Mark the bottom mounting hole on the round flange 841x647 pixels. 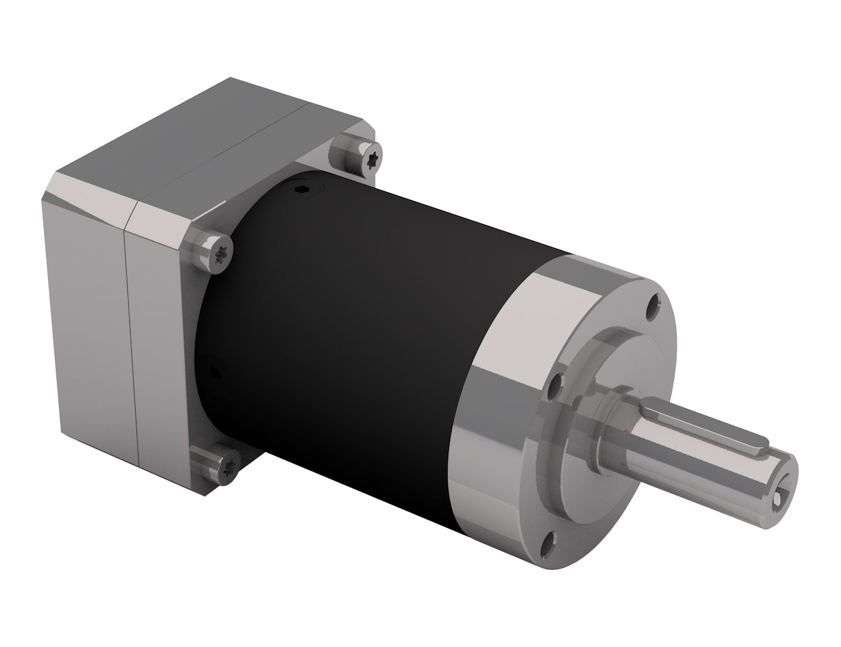point(549,539)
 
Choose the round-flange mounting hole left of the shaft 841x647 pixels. point(554,391)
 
